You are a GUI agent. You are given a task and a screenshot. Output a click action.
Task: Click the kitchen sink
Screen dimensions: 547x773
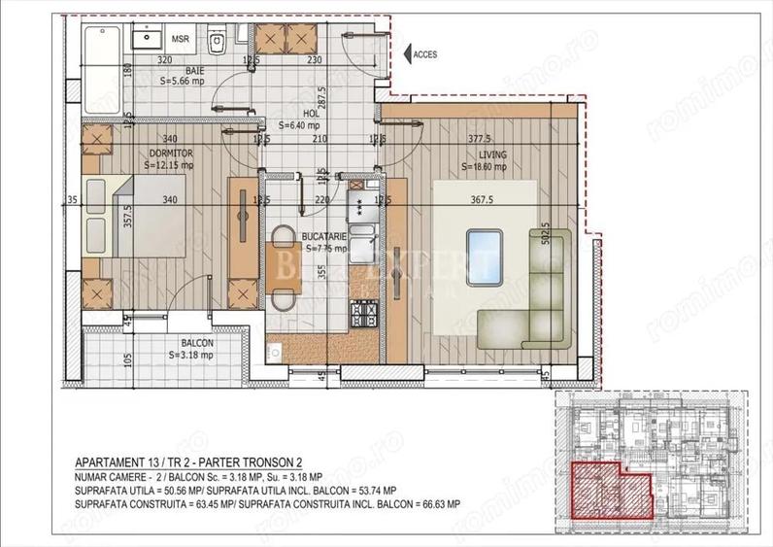pyautogui.click(x=363, y=240)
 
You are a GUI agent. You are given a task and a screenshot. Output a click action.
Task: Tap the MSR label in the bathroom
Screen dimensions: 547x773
pyautogui.click(x=180, y=40)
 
